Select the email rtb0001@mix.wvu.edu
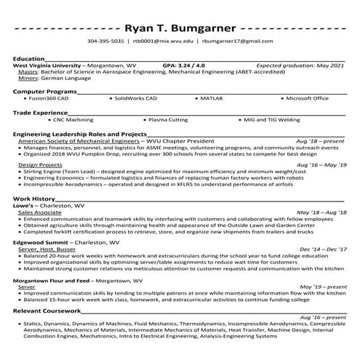163,42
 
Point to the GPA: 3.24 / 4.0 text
184,65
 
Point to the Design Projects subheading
39,164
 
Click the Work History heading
33,199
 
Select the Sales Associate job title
41,212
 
